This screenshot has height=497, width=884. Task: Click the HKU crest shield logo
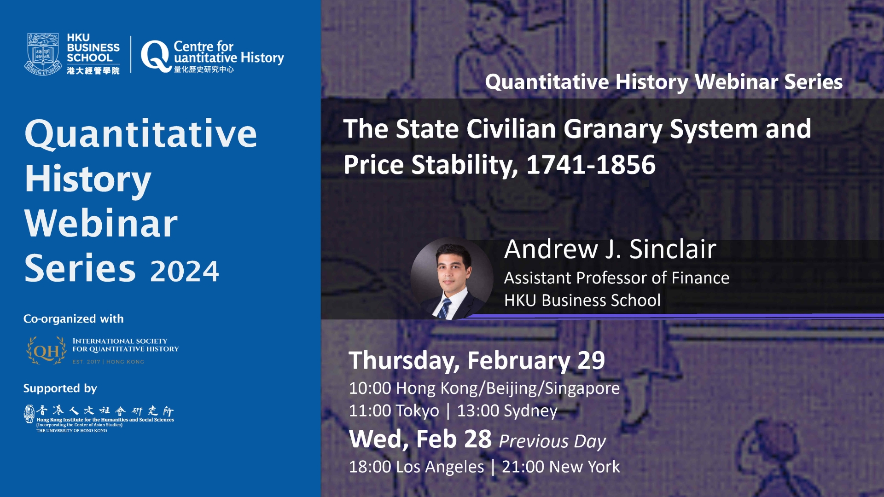[x=43, y=53]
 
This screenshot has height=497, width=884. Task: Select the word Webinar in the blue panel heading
[x=101, y=223]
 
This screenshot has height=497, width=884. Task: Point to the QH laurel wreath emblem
[x=47, y=351]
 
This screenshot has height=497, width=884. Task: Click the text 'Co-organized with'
[x=74, y=318]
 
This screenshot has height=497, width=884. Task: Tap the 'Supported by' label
[x=60, y=388]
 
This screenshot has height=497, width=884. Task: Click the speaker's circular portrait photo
[x=452, y=278]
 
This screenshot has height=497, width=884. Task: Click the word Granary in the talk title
[x=613, y=129]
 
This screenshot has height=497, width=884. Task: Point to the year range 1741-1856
[x=591, y=165]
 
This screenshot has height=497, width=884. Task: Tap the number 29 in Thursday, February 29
[x=591, y=360]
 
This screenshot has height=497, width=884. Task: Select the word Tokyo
[x=418, y=411]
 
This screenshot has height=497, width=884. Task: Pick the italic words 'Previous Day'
[x=552, y=441]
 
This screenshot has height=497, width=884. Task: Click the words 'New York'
[x=584, y=467]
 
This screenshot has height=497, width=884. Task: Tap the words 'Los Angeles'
[x=440, y=467]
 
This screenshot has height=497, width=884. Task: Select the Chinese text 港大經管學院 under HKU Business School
[x=93, y=70]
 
